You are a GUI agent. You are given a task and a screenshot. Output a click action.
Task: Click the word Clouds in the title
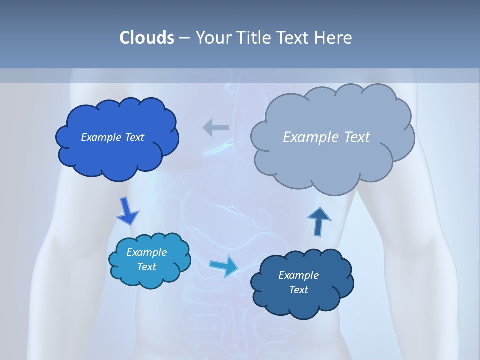[x=146, y=38]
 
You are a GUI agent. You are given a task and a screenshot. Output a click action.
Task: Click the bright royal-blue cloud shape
[x=117, y=157]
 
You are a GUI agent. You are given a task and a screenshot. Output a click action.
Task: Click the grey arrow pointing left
[x=216, y=128]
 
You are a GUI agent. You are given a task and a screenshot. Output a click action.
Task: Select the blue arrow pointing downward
[x=127, y=211]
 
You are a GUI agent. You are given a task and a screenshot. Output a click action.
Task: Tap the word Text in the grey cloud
[x=357, y=137]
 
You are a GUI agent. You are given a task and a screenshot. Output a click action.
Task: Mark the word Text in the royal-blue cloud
[x=134, y=137]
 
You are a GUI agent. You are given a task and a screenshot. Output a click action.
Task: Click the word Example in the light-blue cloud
[x=147, y=252]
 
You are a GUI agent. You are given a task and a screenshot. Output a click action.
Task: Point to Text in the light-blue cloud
[x=147, y=267]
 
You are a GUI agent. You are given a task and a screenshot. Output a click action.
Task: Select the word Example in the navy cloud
[x=298, y=275]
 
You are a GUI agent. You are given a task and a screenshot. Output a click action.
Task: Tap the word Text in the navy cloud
[x=298, y=290]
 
